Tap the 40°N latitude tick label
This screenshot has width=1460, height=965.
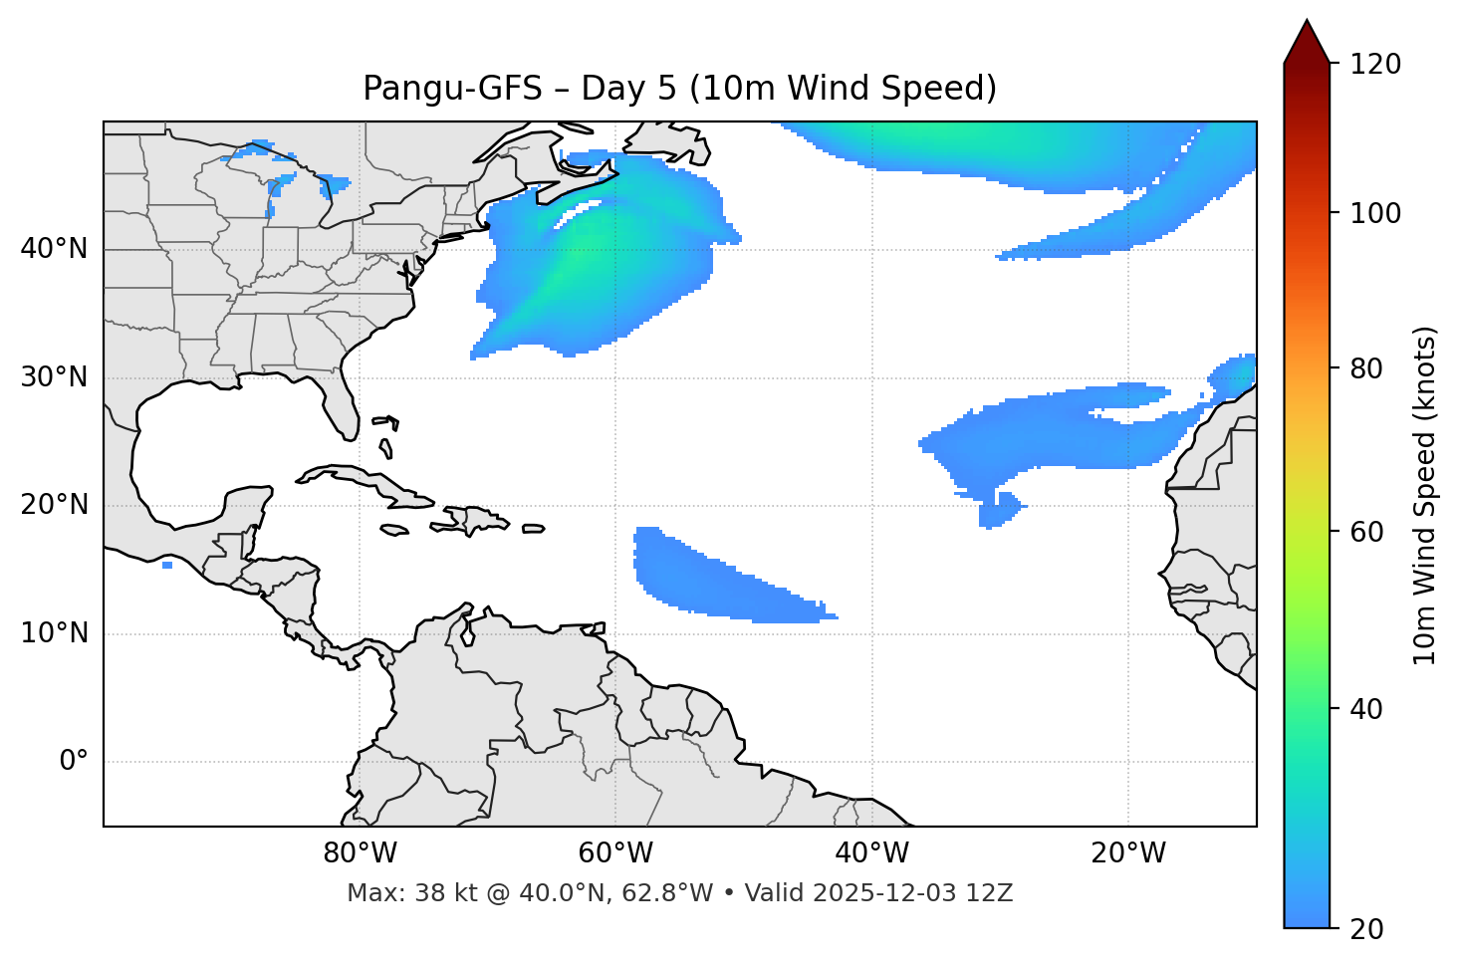point(54,249)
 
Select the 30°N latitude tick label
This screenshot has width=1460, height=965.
point(54,377)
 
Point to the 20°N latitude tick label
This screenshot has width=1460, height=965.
point(54,505)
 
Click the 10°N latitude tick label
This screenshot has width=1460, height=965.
point(54,633)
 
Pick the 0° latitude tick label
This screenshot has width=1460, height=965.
point(73,762)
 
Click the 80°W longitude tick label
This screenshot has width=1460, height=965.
point(360,853)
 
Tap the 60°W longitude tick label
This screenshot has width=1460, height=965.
point(615,853)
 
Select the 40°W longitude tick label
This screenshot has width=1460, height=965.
point(871,853)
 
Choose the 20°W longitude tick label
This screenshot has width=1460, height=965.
point(1127,853)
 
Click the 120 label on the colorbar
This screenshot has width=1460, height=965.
point(1374,65)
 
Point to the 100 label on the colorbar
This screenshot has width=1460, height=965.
point(1374,213)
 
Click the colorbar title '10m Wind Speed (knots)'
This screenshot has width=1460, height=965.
point(1425,495)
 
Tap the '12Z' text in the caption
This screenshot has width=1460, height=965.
point(992,893)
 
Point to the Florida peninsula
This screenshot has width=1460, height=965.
point(342,403)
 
